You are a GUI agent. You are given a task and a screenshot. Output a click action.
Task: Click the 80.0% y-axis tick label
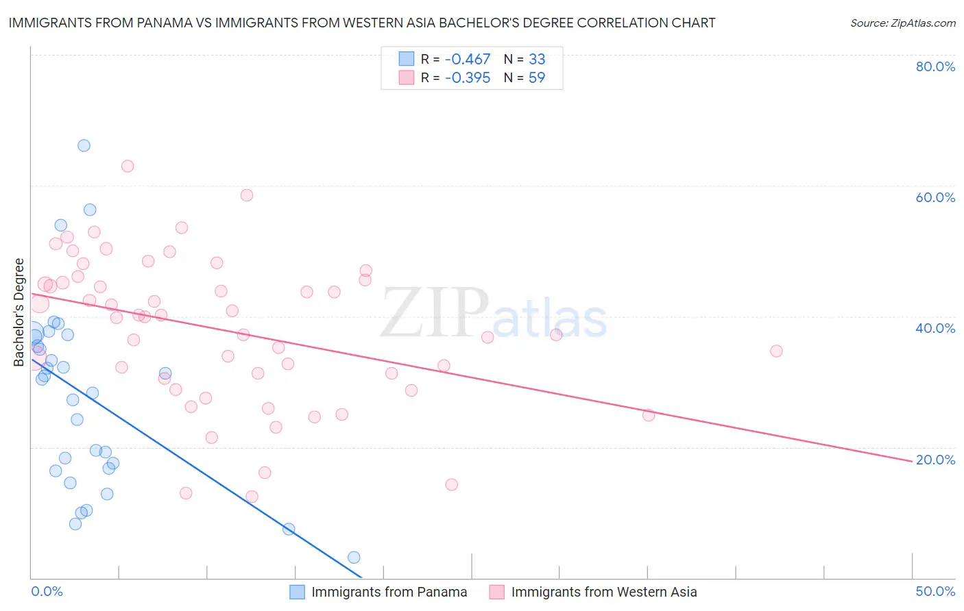coord(935,66)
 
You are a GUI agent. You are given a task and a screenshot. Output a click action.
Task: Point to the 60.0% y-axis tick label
coord(935,197)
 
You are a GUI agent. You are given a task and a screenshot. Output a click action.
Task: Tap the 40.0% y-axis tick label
coord(935,328)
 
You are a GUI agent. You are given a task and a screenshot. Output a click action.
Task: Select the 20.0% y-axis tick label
coord(935,460)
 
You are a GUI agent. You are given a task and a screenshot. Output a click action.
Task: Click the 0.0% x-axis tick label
coord(47,591)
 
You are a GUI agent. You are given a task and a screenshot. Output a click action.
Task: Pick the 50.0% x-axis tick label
coord(935,591)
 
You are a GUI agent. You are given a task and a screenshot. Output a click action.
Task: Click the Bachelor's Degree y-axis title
coord(19,312)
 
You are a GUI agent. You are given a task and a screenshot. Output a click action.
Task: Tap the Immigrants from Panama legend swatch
coord(297,592)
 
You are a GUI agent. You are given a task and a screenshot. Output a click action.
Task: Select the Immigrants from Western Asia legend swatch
coord(496,592)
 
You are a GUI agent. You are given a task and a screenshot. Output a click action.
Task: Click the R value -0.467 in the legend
coord(468,59)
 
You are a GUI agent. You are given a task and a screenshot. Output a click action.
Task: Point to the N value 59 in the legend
coord(537,77)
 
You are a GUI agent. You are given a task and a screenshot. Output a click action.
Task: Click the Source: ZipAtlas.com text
coord(902,23)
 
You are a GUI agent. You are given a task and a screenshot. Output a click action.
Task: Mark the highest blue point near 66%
coord(84,145)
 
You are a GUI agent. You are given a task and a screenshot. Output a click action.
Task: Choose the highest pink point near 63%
coord(128,166)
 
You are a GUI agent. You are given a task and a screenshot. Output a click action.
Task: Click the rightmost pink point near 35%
coord(776,351)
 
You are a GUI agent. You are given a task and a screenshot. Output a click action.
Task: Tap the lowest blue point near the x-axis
coord(354,557)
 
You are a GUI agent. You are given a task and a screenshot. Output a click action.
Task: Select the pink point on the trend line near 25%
coord(649,414)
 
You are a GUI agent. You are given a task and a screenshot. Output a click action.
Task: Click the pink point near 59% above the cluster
coord(247,195)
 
